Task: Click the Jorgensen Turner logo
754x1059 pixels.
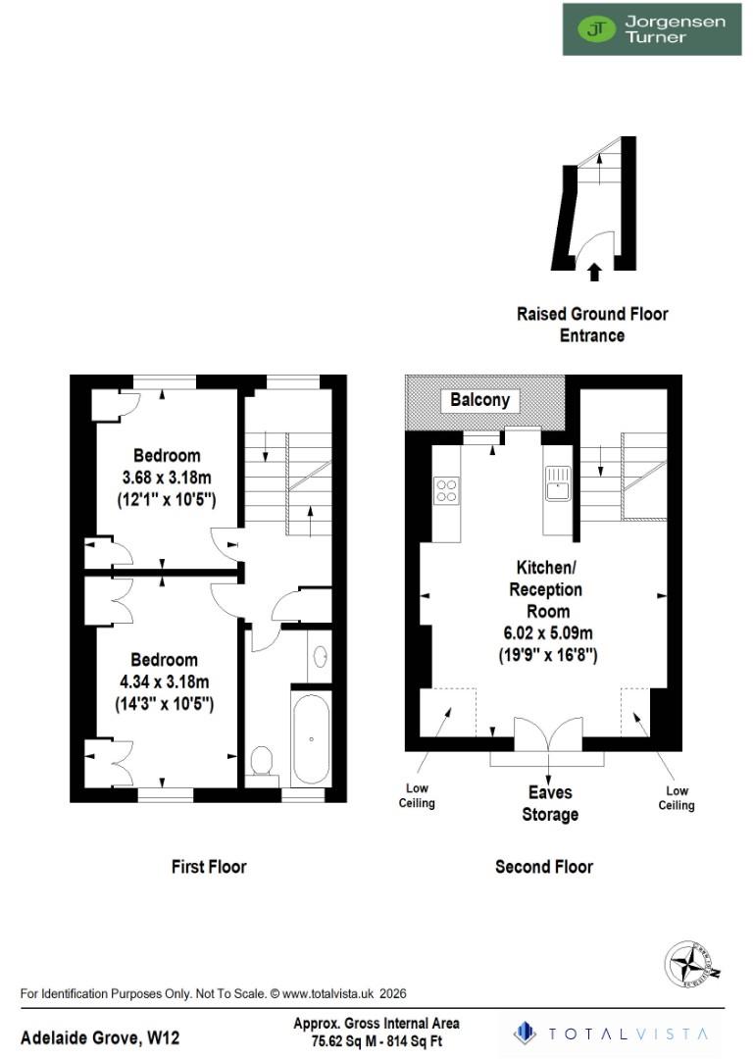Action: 651,28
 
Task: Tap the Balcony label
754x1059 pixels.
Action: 479,399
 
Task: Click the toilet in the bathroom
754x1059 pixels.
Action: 263,763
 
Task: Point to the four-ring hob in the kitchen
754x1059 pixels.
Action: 447,488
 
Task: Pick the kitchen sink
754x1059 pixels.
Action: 559,486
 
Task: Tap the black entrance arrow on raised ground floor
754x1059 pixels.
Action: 593,270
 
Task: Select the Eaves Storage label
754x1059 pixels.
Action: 549,803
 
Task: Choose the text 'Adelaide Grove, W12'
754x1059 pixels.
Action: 100,1036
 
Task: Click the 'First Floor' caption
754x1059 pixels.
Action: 209,866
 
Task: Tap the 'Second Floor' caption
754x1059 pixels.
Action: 544,866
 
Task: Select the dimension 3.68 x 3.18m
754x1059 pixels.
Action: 167,478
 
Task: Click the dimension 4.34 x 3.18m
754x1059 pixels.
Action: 167,681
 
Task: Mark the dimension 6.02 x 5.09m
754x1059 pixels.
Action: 546,633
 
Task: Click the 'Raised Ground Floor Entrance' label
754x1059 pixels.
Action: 592,325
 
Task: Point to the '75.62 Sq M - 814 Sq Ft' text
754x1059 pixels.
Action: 377,1041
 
